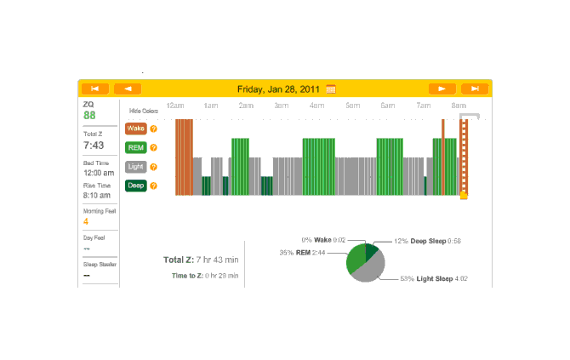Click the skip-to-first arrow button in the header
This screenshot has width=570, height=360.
94,89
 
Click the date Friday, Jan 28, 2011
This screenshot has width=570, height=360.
280,89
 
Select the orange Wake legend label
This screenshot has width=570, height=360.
135,129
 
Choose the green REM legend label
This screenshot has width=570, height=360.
135,147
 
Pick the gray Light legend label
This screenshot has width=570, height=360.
135,167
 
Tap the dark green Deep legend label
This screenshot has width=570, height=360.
135,186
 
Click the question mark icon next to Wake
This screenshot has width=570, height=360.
154,129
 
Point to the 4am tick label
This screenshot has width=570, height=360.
316,106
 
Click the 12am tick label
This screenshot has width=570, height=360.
175,106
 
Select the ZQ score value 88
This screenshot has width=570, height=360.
89,116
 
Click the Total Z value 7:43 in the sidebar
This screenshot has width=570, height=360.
94,146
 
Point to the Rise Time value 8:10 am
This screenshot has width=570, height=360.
99,196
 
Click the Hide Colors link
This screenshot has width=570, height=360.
144,111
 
